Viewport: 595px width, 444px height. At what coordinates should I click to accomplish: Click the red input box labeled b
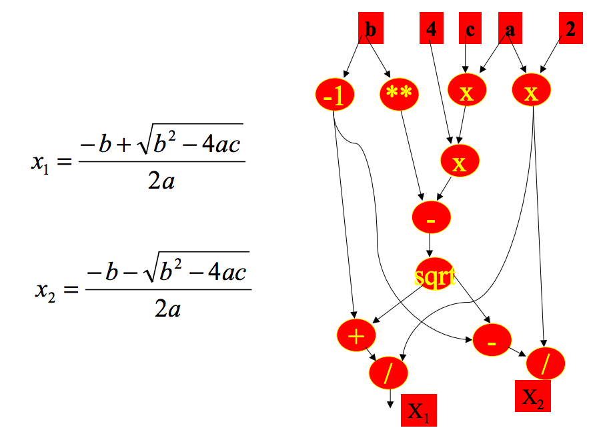coord(370,29)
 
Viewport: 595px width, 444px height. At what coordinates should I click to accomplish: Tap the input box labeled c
coord(470,29)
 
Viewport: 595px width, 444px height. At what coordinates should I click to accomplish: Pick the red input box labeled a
coord(510,29)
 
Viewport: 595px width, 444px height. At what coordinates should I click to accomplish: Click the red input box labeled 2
coord(570,29)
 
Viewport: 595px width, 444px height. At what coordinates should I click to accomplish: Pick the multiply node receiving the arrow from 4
coord(460,162)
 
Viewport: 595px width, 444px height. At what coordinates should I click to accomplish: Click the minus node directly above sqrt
coord(432,217)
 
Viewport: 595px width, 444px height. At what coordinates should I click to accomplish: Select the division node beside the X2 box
coord(546,364)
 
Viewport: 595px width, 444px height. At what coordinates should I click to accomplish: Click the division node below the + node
coord(388,373)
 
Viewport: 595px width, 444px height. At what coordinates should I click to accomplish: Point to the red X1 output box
coord(418,409)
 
